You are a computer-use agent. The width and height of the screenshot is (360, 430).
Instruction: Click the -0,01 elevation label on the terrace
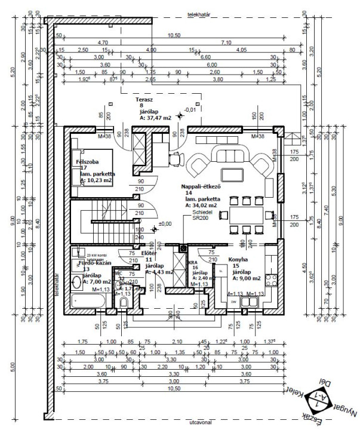190,110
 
